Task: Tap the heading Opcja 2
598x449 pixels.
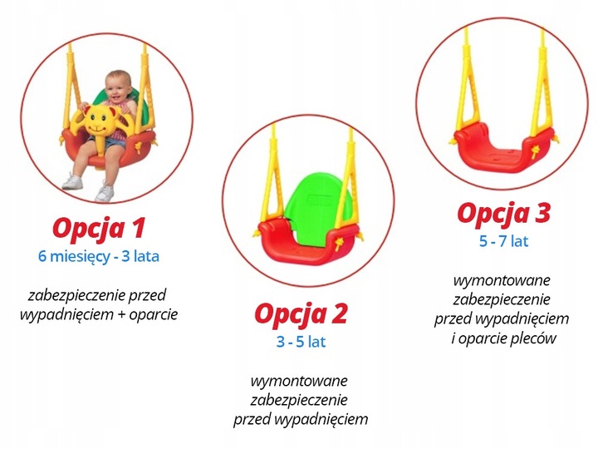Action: (x=300, y=314)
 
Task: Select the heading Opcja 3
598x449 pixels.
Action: (x=503, y=214)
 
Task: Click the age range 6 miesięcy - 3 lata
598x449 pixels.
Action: (x=98, y=257)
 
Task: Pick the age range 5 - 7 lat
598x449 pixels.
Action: (x=502, y=242)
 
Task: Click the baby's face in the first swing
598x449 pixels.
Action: (x=120, y=86)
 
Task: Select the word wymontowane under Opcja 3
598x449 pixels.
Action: (x=502, y=280)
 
